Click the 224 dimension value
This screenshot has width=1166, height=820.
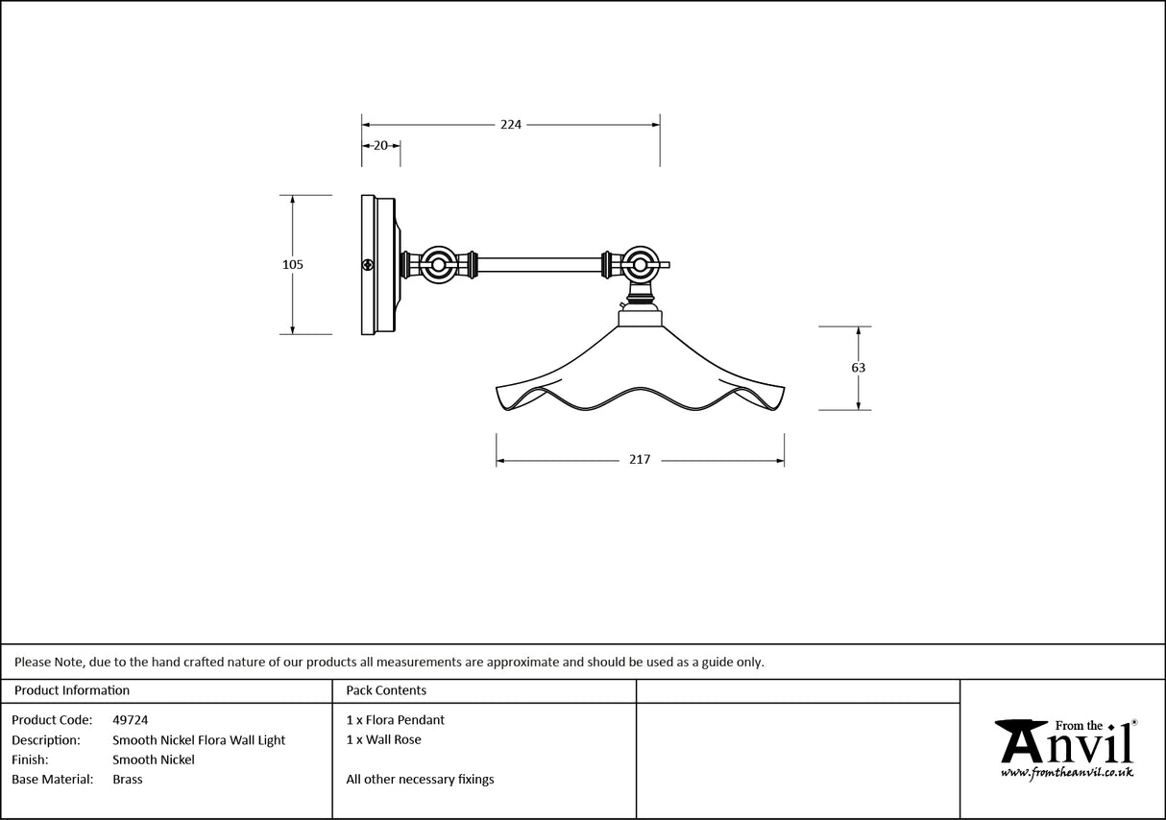(510, 125)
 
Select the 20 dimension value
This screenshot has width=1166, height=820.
(380, 146)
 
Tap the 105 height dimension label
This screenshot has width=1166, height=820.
(293, 265)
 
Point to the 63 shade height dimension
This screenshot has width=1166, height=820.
(858, 368)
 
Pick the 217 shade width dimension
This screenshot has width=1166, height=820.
(640, 460)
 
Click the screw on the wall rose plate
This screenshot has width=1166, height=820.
(367, 265)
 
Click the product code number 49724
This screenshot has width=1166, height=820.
(130, 719)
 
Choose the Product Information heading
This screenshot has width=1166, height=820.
(72, 690)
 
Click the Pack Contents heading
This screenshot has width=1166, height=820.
(386, 690)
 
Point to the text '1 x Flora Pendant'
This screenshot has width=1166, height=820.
(396, 719)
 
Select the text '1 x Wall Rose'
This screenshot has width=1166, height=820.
(383, 739)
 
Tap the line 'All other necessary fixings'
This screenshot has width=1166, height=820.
(420, 780)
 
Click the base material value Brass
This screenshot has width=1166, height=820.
(127, 780)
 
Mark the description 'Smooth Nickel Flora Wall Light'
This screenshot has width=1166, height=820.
(199, 740)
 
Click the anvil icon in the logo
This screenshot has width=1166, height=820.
(1020, 738)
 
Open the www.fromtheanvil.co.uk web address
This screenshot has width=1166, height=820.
(1066, 772)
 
